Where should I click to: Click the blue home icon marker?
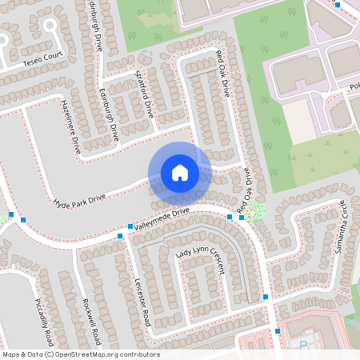[x=180, y=172]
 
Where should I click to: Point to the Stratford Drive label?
[x=145, y=94]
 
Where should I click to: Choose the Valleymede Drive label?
[x=162, y=218]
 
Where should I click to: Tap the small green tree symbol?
[x=254, y=212]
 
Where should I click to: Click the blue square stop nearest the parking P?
[x=278, y=330]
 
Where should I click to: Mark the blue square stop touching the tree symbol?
[x=242, y=217]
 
